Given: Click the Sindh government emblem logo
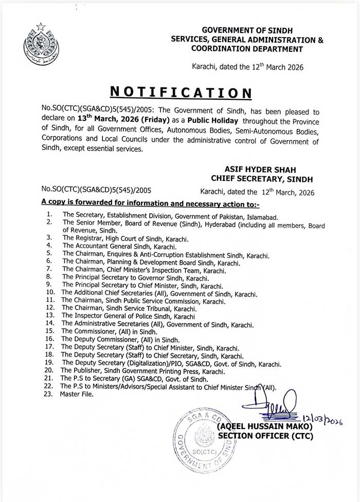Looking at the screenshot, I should [x=39, y=41].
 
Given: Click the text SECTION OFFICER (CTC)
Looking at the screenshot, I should [x=264, y=436].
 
